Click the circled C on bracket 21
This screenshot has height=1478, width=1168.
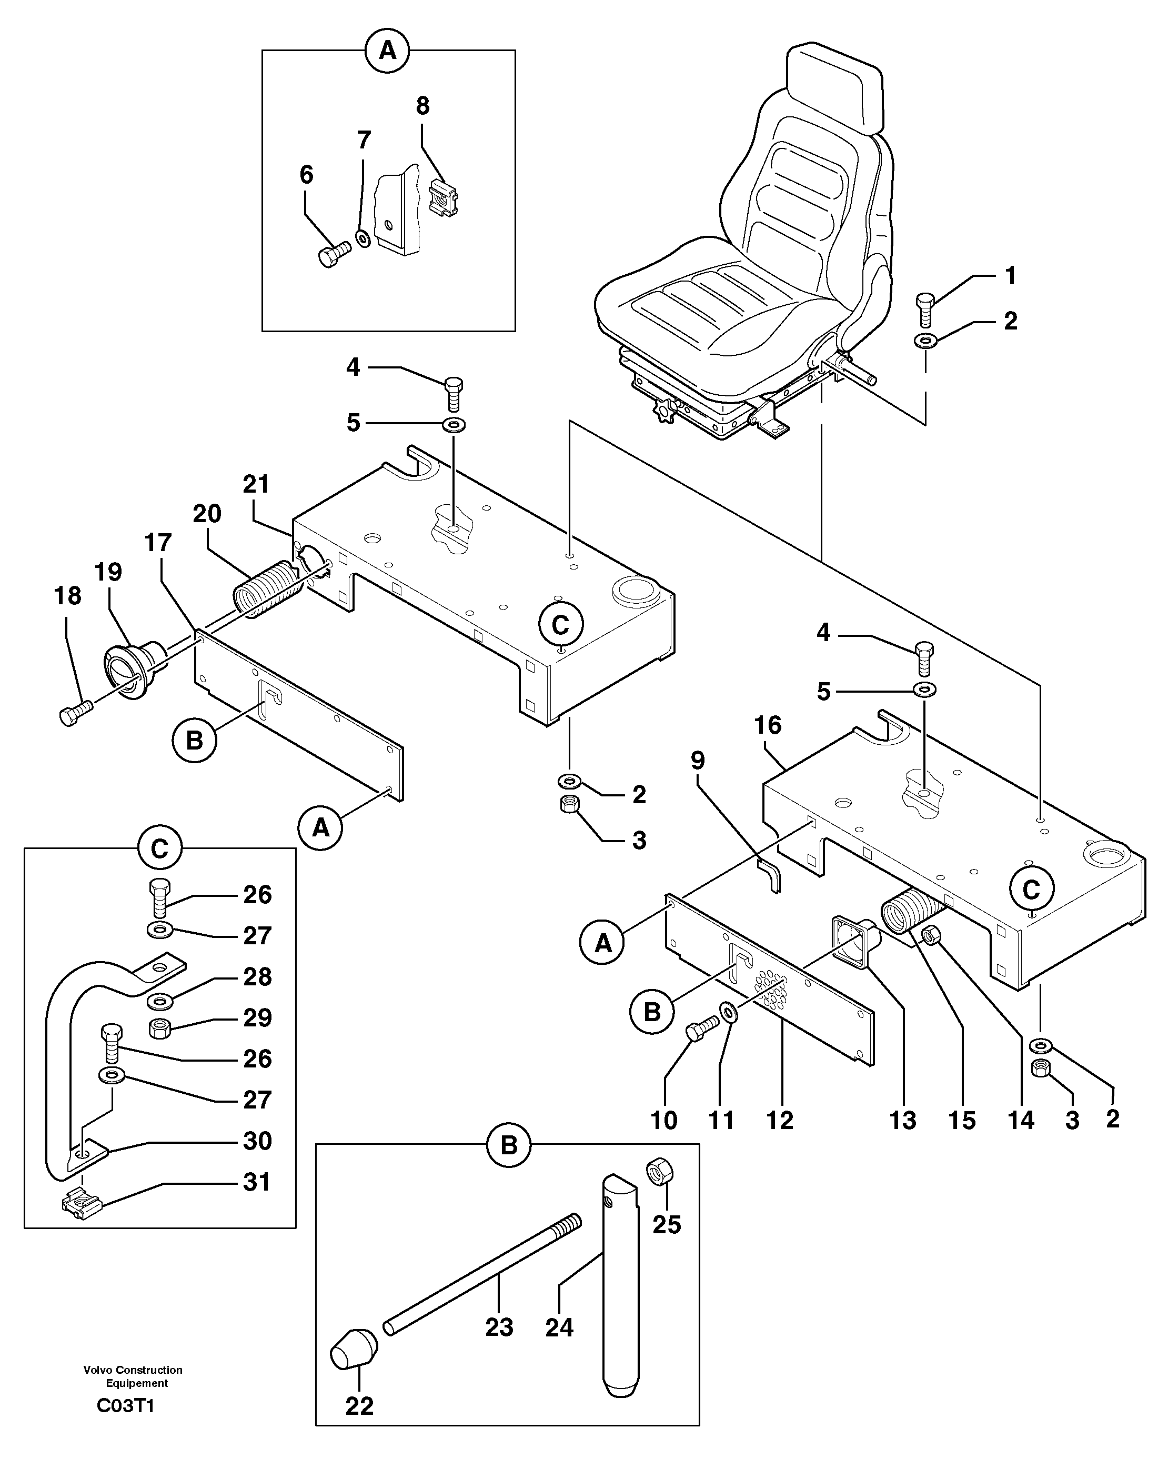[560, 624]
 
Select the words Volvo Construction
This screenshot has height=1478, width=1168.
[133, 1370]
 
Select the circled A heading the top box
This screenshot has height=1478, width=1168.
[388, 50]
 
